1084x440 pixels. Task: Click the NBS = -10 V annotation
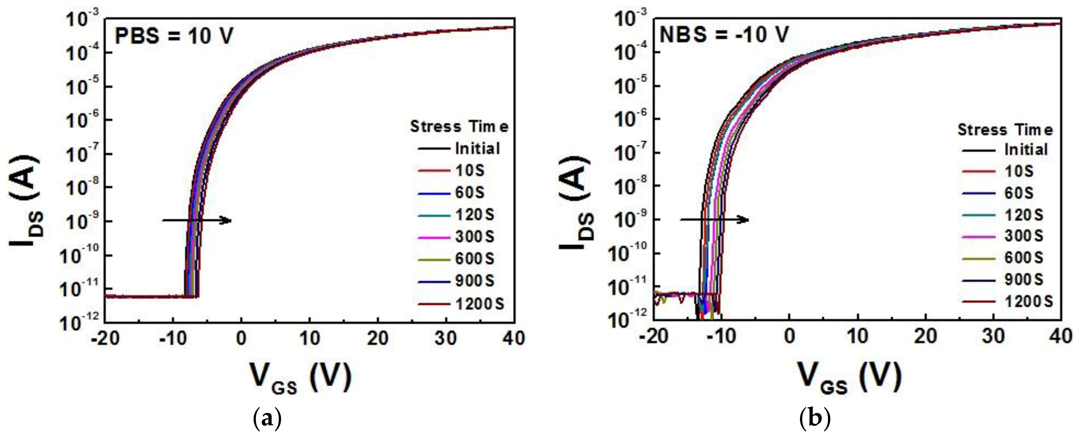coord(724,35)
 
